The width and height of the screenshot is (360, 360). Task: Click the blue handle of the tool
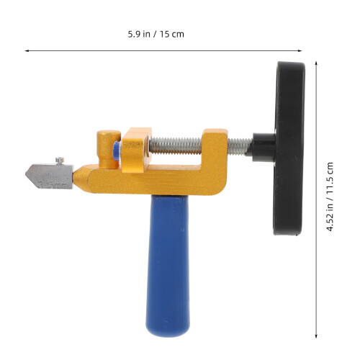point(168,264)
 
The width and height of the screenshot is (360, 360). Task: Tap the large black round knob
point(289,148)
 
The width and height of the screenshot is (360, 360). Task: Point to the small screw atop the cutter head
point(60,161)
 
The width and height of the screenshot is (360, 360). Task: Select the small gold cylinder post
point(109,149)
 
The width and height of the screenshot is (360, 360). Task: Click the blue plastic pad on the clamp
point(117,150)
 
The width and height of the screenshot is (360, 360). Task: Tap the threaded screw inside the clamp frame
point(176,145)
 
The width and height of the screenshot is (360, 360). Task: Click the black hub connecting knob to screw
point(264,145)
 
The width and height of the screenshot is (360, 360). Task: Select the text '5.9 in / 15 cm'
point(156,34)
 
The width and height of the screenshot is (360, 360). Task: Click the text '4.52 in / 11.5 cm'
point(330,197)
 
